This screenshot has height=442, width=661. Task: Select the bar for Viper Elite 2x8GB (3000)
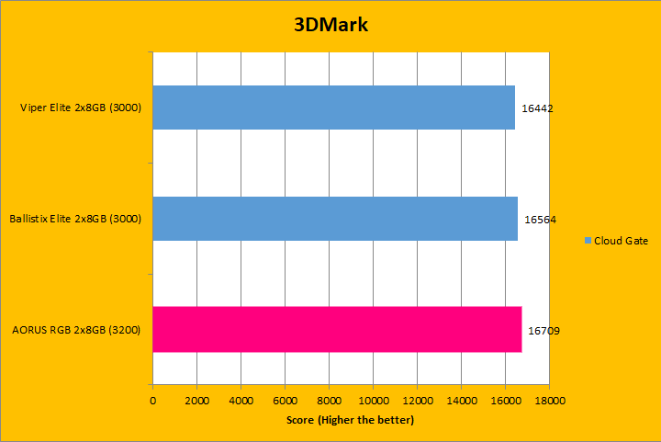click(x=333, y=108)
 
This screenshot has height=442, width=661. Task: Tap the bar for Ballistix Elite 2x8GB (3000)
click(x=334, y=219)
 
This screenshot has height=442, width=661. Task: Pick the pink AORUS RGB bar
click(x=337, y=329)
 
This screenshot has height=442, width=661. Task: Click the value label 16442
click(x=538, y=108)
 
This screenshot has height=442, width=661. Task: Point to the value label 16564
click(x=540, y=220)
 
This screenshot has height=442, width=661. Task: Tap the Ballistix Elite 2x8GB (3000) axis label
click(x=74, y=220)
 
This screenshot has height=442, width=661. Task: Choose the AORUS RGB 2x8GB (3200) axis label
click(x=76, y=329)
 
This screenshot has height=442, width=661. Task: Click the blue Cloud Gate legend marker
click(x=588, y=241)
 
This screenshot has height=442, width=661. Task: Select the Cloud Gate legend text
click(x=622, y=241)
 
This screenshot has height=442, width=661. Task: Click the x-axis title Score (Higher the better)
click(x=350, y=420)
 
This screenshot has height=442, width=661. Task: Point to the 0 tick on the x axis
click(x=152, y=402)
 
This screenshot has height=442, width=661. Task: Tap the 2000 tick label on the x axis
click(x=196, y=402)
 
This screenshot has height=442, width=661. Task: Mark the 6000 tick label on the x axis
click(x=285, y=402)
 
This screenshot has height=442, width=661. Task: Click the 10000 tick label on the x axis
click(x=373, y=402)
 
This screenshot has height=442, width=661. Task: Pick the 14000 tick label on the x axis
click(x=461, y=402)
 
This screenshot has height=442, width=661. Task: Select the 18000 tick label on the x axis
click(x=549, y=402)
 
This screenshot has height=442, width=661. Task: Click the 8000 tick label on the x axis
click(x=329, y=402)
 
